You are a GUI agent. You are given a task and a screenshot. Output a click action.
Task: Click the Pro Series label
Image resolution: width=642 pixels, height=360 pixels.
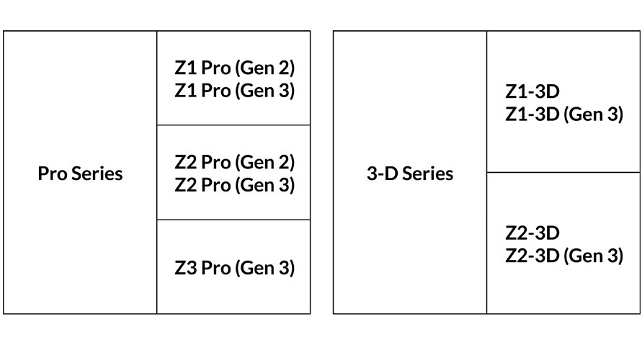[80, 174]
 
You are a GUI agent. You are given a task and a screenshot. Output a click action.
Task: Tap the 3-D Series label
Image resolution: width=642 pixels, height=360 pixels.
[410, 174]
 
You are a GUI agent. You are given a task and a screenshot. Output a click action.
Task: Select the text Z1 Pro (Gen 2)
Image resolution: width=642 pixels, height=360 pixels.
[234, 68]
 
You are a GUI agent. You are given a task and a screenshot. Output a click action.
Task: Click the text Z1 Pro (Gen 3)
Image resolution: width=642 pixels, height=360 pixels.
[234, 91]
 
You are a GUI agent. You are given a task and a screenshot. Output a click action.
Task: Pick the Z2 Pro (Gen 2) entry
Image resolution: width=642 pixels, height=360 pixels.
[234, 162]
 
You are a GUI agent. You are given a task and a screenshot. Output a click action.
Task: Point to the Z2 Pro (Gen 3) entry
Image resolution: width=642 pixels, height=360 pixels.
[234, 184]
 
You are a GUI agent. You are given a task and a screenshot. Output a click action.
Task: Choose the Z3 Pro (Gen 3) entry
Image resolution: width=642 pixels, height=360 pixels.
[234, 268]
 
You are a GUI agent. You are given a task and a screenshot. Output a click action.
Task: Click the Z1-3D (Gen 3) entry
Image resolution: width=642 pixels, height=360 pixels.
[564, 114]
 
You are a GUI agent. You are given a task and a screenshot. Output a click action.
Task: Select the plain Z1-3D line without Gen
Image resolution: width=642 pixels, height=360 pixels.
[532, 91]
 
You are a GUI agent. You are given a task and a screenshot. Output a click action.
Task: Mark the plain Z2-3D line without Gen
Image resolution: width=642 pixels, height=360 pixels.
[532, 233]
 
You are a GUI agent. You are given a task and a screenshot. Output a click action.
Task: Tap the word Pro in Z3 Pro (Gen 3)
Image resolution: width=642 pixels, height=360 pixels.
[216, 268]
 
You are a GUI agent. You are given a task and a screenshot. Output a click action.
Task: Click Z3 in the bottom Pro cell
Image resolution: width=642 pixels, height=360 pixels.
[185, 268]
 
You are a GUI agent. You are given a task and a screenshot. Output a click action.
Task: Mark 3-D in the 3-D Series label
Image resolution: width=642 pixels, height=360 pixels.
[382, 174]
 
